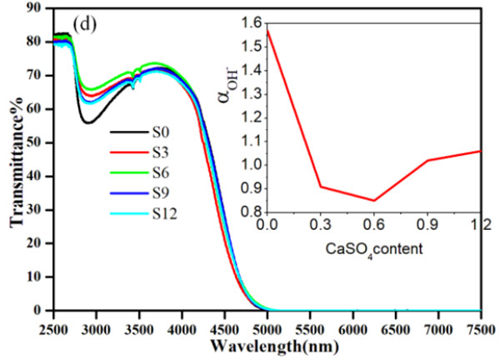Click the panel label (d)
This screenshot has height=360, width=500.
87,22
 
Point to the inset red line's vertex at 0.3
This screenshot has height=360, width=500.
321,186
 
